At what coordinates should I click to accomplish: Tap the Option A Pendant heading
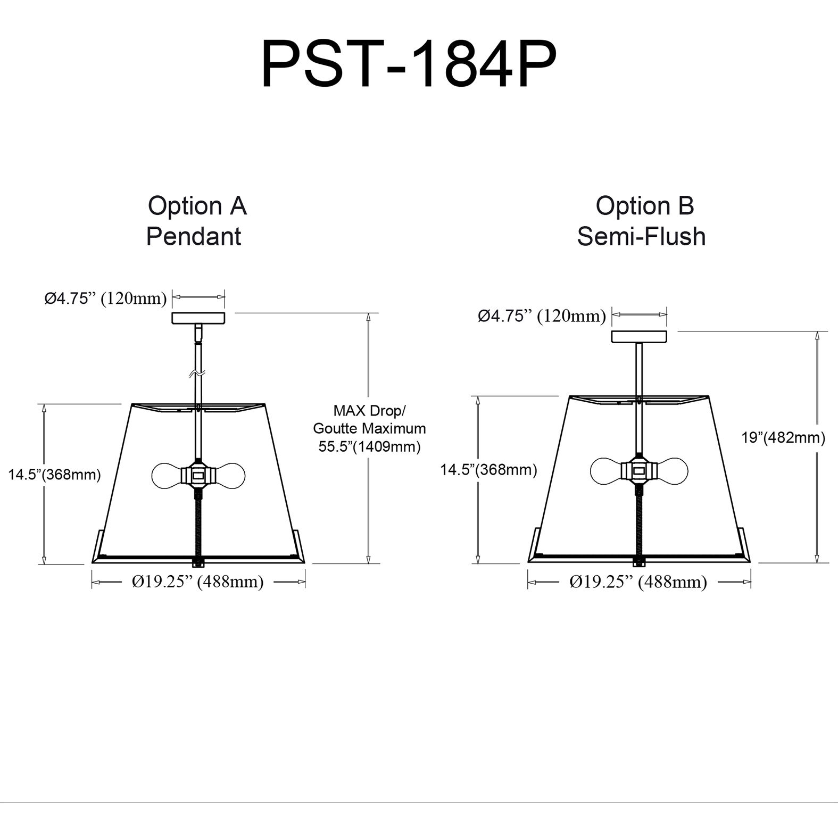tap(196, 221)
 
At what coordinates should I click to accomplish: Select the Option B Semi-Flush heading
tap(642, 221)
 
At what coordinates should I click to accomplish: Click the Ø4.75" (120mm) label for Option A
tap(105, 298)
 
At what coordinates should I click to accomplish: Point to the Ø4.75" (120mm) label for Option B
tap(542, 316)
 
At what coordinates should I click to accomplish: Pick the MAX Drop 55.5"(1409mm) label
tap(369, 428)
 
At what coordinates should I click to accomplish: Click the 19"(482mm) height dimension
tap(783, 437)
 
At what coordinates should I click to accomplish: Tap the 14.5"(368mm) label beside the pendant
tap(54, 474)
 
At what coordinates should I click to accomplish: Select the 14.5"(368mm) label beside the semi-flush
tap(488, 469)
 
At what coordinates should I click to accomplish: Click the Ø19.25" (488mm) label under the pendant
tap(198, 582)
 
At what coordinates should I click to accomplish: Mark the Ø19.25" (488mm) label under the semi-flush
tap(638, 582)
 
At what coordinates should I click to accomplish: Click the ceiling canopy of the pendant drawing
tap(198, 318)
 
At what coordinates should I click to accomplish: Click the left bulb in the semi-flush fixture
tap(607, 470)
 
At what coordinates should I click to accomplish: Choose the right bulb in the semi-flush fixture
tap(672, 470)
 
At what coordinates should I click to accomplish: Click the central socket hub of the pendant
tap(198, 474)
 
